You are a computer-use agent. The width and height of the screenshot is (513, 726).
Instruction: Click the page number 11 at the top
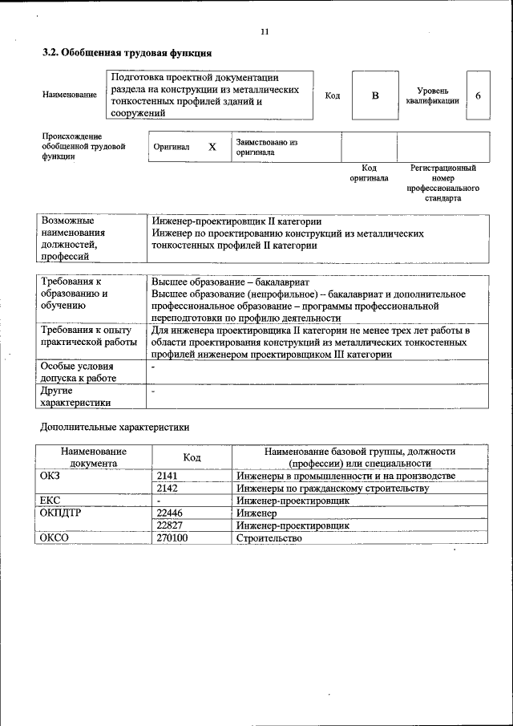pyautogui.click(x=265, y=31)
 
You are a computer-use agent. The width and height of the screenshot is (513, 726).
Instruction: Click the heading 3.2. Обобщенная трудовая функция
pyautogui.click(x=127, y=54)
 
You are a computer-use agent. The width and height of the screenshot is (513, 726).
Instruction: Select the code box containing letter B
pyautogui.click(x=374, y=96)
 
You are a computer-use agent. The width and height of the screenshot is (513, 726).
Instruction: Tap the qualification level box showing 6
pyautogui.click(x=478, y=96)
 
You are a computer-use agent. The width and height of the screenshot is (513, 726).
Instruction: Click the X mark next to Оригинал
pyautogui.click(x=212, y=148)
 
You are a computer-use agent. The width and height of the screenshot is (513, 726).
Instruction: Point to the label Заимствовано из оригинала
pyautogui.click(x=267, y=147)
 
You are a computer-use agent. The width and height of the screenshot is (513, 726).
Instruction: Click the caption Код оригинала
pyautogui.click(x=369, y=173)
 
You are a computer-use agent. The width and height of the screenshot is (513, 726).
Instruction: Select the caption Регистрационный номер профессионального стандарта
pyautogui.click(x=442, y=183)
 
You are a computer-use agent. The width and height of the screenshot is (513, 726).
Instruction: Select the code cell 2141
pyautogui.click(x=168, y=477)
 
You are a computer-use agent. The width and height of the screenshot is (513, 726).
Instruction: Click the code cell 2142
pyautogui.click(x=168, y=489)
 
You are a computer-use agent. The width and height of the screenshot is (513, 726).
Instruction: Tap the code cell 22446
pyautogui.click(x=170, y=513)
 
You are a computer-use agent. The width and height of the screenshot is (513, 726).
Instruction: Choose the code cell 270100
pyautogui.click(x=172, y=538)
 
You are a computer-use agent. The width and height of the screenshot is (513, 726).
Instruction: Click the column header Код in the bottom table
pyautogui.click(x=192, y=457)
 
